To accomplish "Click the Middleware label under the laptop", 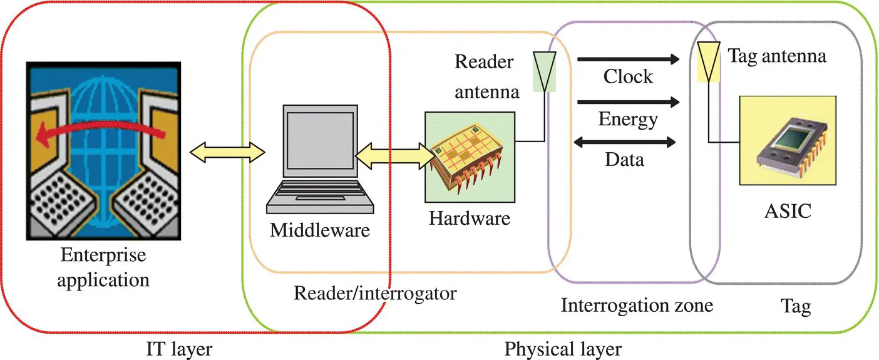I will click(x=320, y=230).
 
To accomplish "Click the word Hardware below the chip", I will click(x=470, y=219).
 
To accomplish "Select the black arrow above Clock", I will click(x=628, y=59).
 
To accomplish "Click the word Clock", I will click(x=628, y=77).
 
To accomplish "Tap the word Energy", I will click(x=628, y=118).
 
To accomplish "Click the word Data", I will click(x=624, y=160).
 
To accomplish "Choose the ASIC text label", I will click(x=788, y=211).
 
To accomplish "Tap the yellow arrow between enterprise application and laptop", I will click(x=227, y=152).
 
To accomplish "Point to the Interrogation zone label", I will click(x=636, y=306).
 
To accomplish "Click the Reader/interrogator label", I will click(x=376, y=293).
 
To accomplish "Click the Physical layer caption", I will click(x=563, y=348).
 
